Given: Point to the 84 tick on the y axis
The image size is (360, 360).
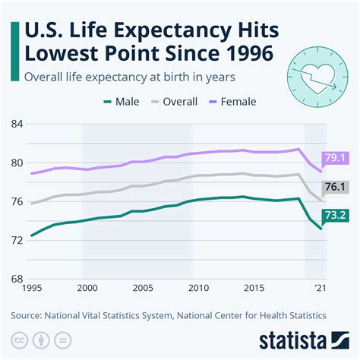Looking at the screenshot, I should tap(17, 124).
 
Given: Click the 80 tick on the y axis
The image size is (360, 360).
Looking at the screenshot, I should tap(17, 163).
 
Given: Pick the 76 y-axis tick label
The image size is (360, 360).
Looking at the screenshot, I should tap(17, 201).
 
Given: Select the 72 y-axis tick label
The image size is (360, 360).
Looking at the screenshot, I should tap(17, 240).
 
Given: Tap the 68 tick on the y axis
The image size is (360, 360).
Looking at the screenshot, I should tap(17, 279).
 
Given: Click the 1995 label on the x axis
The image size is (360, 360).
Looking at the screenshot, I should tap(33, 289).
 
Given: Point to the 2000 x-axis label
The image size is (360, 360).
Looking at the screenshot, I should tap(87, 289).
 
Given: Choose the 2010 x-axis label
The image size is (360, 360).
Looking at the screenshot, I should tap(197, 289).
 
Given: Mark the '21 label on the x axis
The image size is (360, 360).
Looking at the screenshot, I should tap(321, 289).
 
